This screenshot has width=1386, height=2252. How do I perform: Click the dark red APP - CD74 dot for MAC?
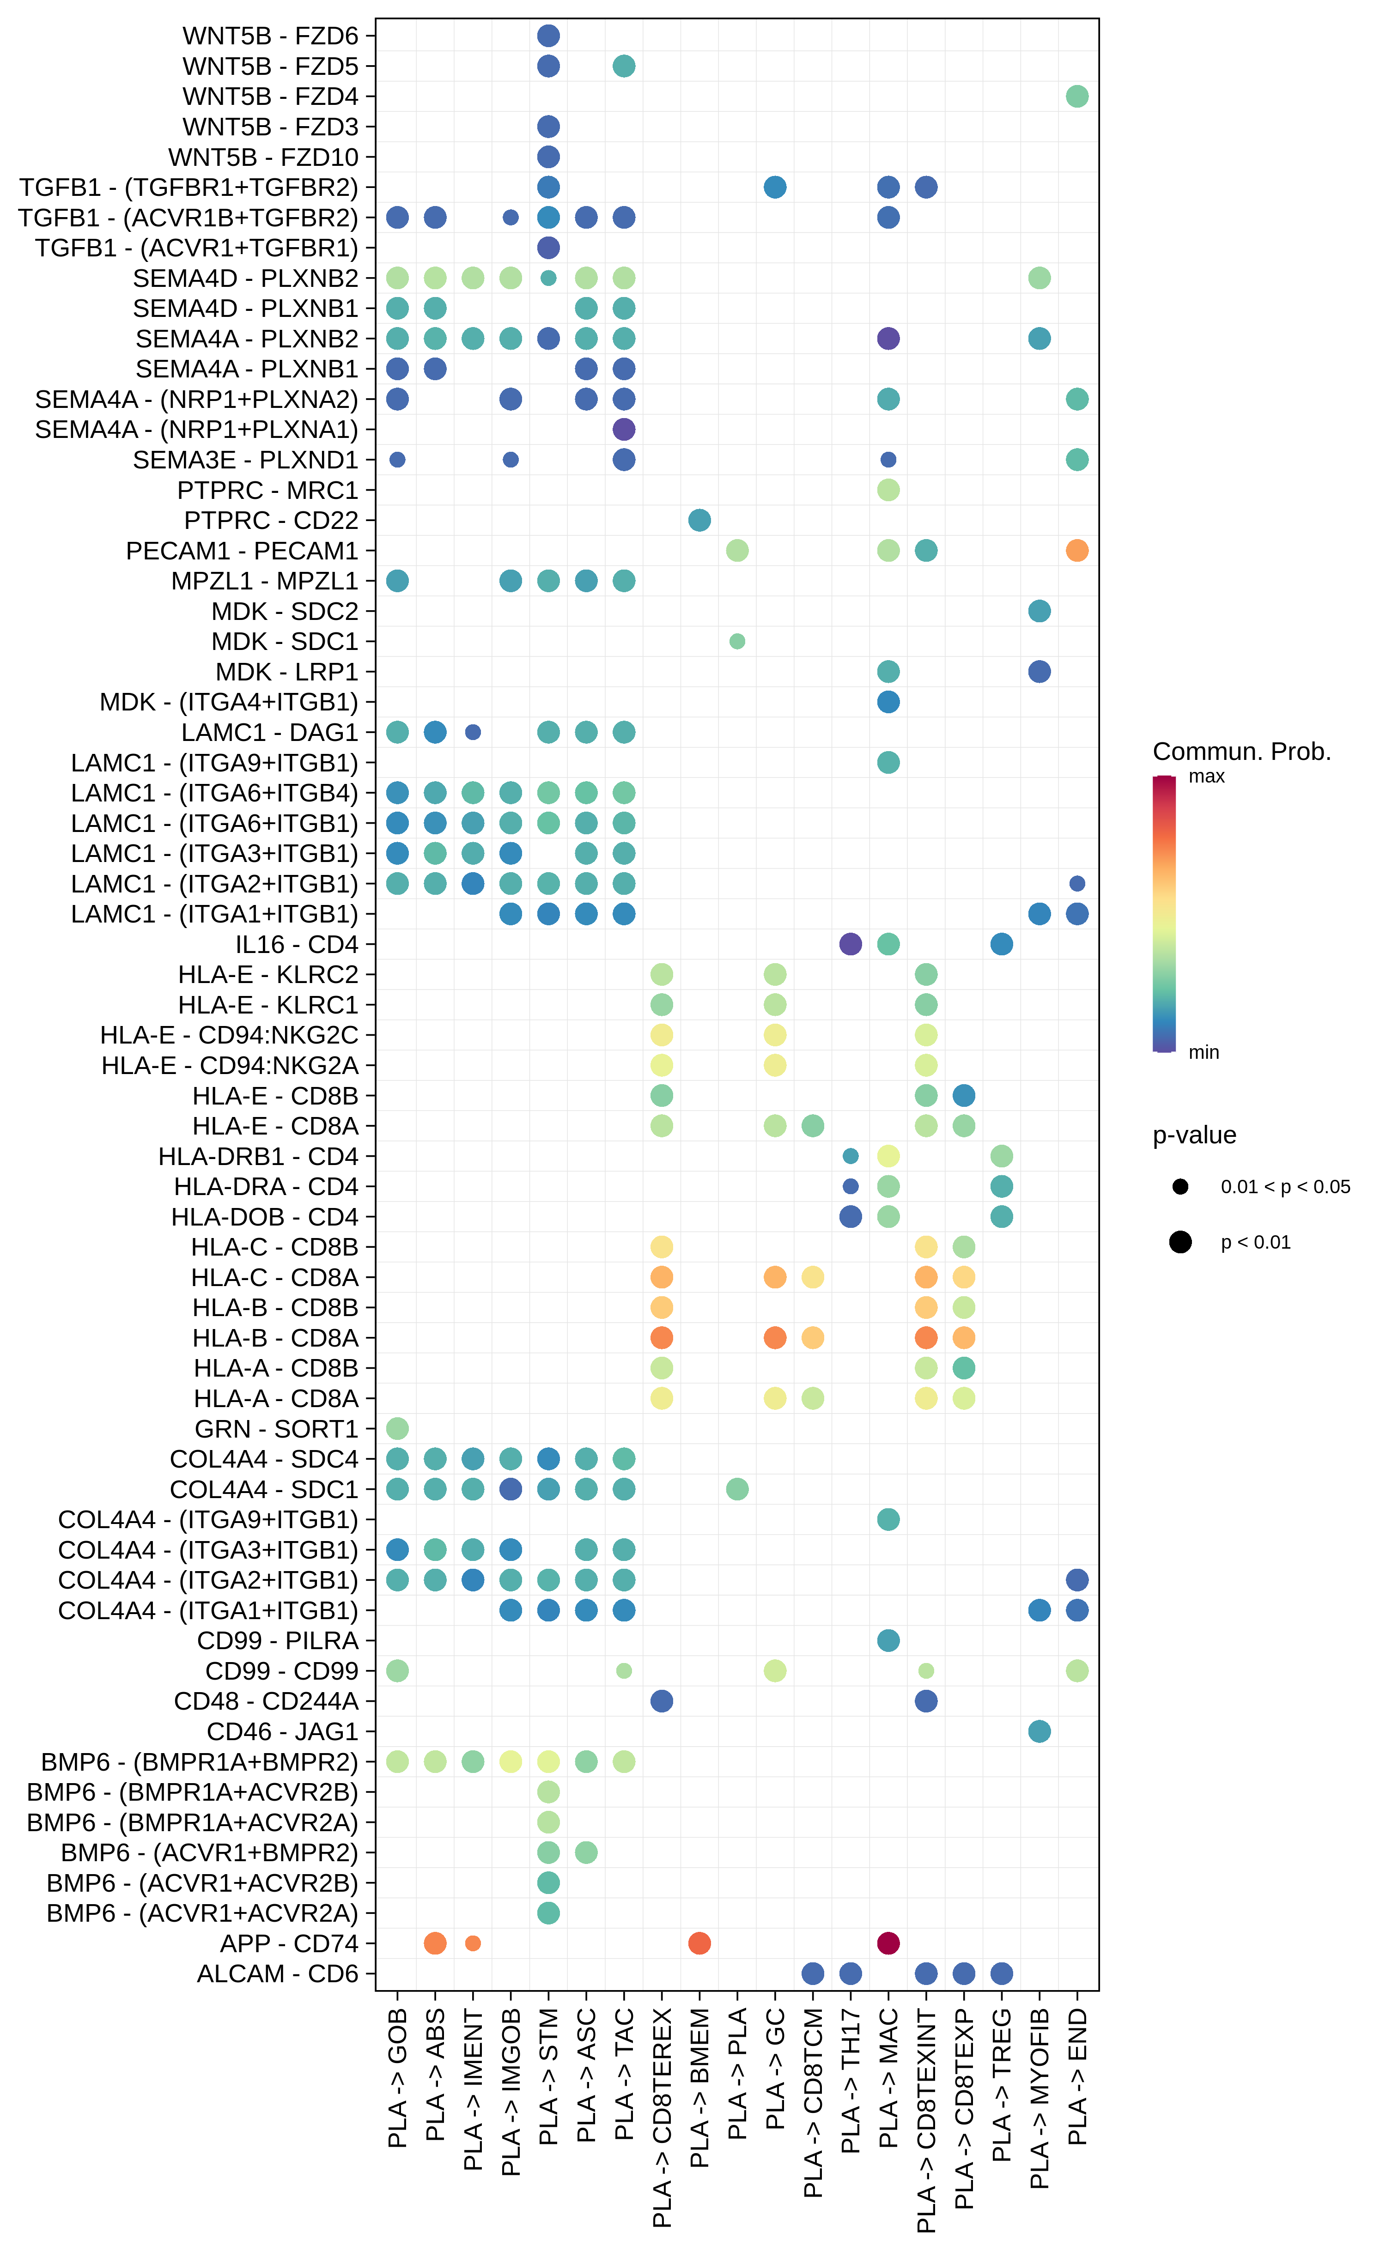point(888,1943)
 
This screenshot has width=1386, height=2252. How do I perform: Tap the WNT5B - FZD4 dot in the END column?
point(1077,96)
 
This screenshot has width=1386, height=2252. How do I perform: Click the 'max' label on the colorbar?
point(1206,777)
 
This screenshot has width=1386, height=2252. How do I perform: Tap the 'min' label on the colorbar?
point(1204,1052)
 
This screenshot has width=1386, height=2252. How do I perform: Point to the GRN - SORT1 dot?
point(397,1428)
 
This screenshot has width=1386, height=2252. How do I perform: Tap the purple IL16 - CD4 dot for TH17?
point(851,944)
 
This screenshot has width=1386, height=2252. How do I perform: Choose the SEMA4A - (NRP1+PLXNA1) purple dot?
point(623,429)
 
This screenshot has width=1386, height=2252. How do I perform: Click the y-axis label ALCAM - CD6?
point(277,1973)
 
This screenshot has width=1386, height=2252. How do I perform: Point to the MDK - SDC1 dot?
point(737,642)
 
